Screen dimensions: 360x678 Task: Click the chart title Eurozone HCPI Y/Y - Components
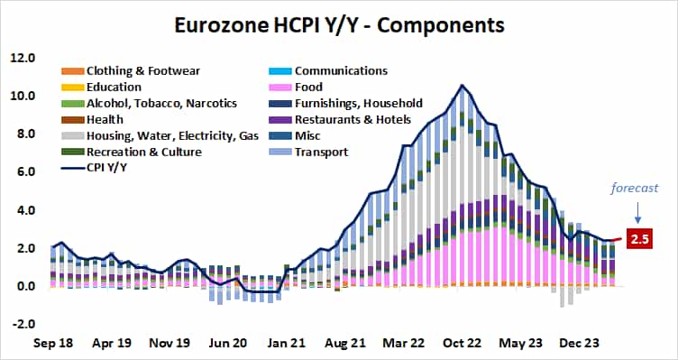338,21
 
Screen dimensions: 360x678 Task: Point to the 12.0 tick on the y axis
22,58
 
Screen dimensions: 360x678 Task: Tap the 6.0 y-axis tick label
23,172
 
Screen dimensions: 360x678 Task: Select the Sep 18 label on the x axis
52,343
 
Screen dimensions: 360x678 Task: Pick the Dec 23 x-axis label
578,343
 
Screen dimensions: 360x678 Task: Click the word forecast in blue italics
635,189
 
